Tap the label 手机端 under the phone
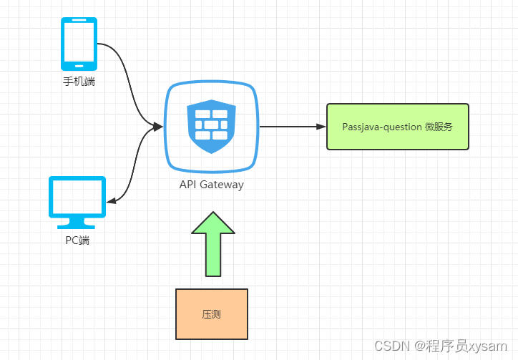[x=79, y=82]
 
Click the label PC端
[x=77, y=240]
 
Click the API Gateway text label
[x=211, y=185]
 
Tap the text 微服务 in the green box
[x=439, y=127]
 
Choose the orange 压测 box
[x=212, y=313]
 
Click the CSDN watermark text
[x=391, y=346]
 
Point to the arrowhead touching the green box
[x=321, y=127]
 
